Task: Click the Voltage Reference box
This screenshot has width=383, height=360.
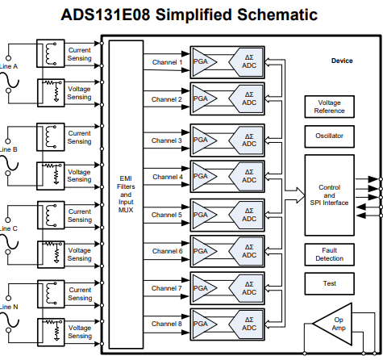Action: pos(329,107)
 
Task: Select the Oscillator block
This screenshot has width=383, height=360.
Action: pos(329,136)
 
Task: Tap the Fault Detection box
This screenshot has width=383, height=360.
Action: pos(329,254)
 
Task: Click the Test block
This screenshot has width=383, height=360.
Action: pos(329,283)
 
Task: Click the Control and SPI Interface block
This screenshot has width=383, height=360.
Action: pos(329,195)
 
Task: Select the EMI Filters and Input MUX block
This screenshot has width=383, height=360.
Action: pos(126,195)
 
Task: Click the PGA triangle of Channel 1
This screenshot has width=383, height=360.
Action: pos(204,62)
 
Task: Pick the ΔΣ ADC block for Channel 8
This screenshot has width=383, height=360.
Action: pos(246,324)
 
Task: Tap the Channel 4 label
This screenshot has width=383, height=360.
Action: pos(168,177)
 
